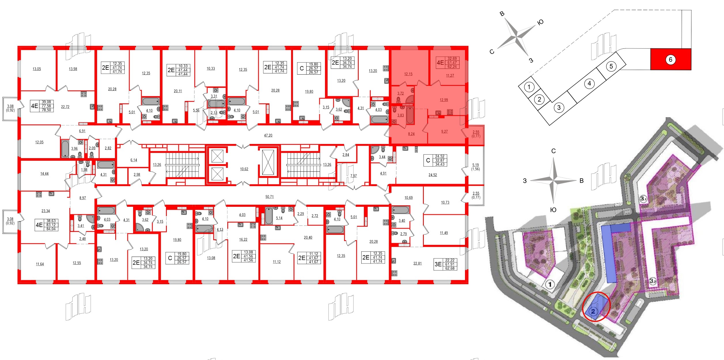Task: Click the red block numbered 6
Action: pos(670,59)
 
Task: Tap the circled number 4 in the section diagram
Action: pos(589,84)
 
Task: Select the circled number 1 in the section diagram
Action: pos(529,87)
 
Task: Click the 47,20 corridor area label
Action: pos(268,135)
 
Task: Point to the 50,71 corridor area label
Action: pos(269,197)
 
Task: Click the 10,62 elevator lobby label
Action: pos(244,169)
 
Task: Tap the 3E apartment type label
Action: pos(438,264)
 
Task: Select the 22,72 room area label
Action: pos(65,107)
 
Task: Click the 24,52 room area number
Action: pos(432,175)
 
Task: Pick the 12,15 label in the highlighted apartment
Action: pos(408,74)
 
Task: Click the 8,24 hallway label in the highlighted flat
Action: pos(411,134)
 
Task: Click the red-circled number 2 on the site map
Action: pos(593,311)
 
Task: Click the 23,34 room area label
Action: pos(46,211)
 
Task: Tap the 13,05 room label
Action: pos(37,69)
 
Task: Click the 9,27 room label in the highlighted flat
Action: pos(444,132)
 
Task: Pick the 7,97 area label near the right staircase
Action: pos(354,176)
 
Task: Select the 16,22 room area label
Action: pos(243,240)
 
